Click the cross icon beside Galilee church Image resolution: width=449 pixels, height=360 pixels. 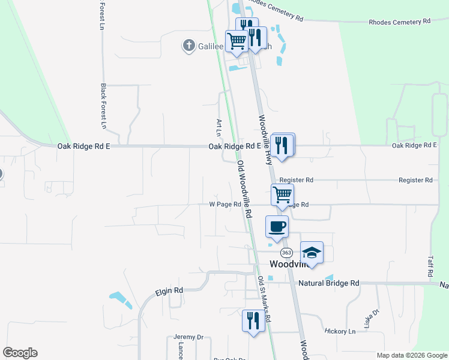pos(188,45)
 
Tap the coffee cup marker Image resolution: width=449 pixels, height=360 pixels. pos(277,227)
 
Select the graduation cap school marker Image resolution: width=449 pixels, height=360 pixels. pos(312,252)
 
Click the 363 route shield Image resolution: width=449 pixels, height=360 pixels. pos(286,253)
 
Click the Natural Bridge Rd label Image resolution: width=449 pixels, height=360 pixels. pos(328,283)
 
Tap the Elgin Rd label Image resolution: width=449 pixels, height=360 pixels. pos(169,291)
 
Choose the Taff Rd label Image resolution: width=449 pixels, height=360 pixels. pos(430,265)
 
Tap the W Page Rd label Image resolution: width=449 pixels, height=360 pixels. pos(224,204)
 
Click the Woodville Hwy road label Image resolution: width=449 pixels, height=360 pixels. pos(265,139)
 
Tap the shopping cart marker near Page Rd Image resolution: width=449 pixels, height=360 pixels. pos(282,195)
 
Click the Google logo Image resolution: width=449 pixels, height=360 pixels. pos(20,353)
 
